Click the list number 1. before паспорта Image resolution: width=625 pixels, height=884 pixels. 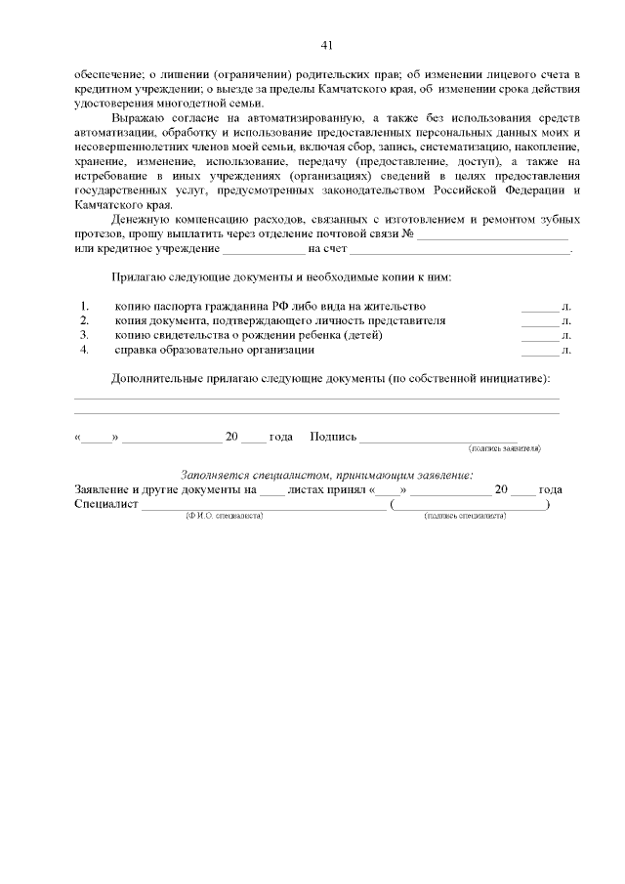pyautogui.click(x=85, y=307)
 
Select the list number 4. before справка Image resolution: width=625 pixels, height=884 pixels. pyautogui.click(x=85, y=349)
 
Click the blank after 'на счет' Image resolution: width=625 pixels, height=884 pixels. pyautogui.click(x=459, y=250)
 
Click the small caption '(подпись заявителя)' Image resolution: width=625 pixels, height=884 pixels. pyautogui.click(x=506, y=449)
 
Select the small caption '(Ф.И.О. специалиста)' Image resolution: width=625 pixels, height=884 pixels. pyautogui.click(x=217, y=514)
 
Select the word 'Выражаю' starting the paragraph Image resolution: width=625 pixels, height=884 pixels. pyautogui.click(x=137, y=117)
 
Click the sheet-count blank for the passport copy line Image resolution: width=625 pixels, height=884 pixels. pyautogui.click(x=539, y=308)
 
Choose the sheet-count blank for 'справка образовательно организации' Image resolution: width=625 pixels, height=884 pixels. pyautogui.click(x=539, y=350)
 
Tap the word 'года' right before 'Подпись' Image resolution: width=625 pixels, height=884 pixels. pyautogui.click(x=281, y=437)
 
